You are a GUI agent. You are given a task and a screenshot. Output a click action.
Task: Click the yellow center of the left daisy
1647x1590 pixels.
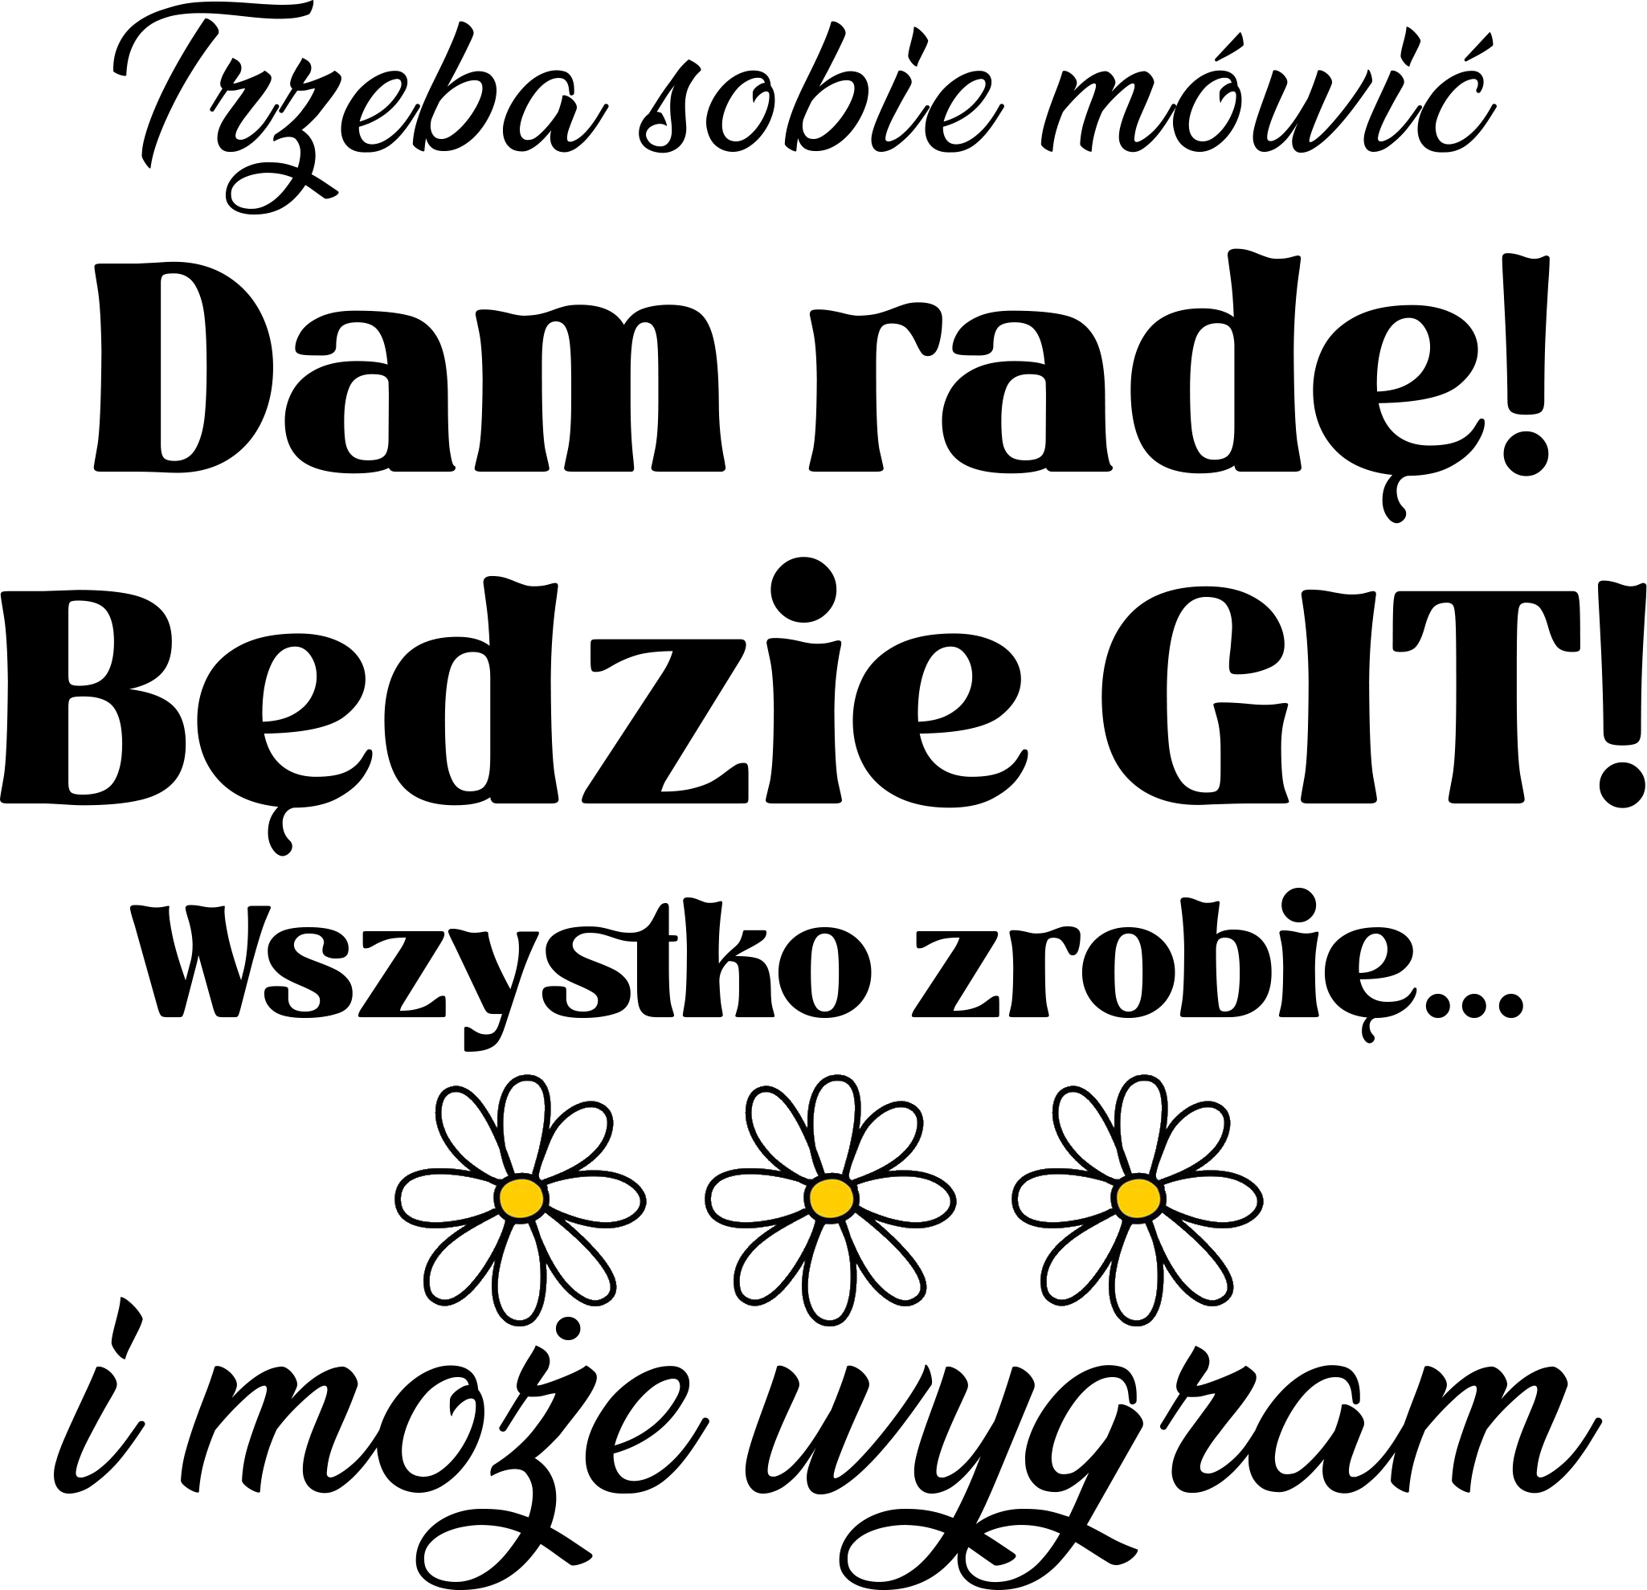(521, 1196)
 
